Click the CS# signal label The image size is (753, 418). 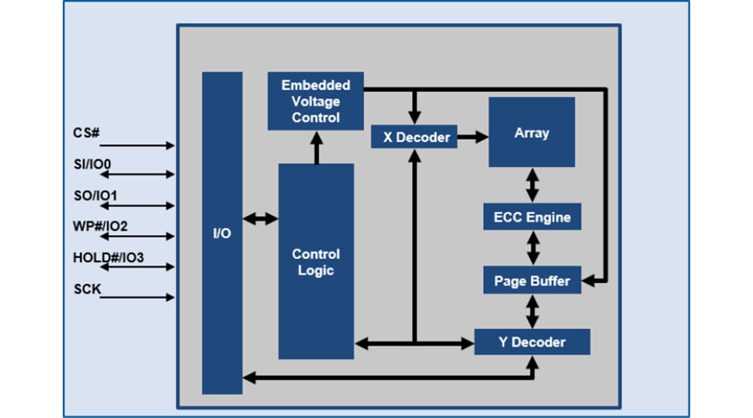[86, 133]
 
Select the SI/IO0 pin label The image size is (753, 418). [93, 164]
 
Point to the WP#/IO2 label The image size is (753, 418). [98, 226]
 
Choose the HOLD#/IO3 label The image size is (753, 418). [108, 258]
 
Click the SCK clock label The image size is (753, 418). [88, 288]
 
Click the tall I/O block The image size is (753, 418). [222, 233]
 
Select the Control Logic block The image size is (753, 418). [316, 262]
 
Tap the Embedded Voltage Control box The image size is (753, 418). [315, 101]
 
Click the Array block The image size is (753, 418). [531, 132]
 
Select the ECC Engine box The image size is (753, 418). [532, 217]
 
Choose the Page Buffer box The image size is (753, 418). [532, 281]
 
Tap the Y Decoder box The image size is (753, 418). [532, 342]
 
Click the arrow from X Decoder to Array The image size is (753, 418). [473, 137]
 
